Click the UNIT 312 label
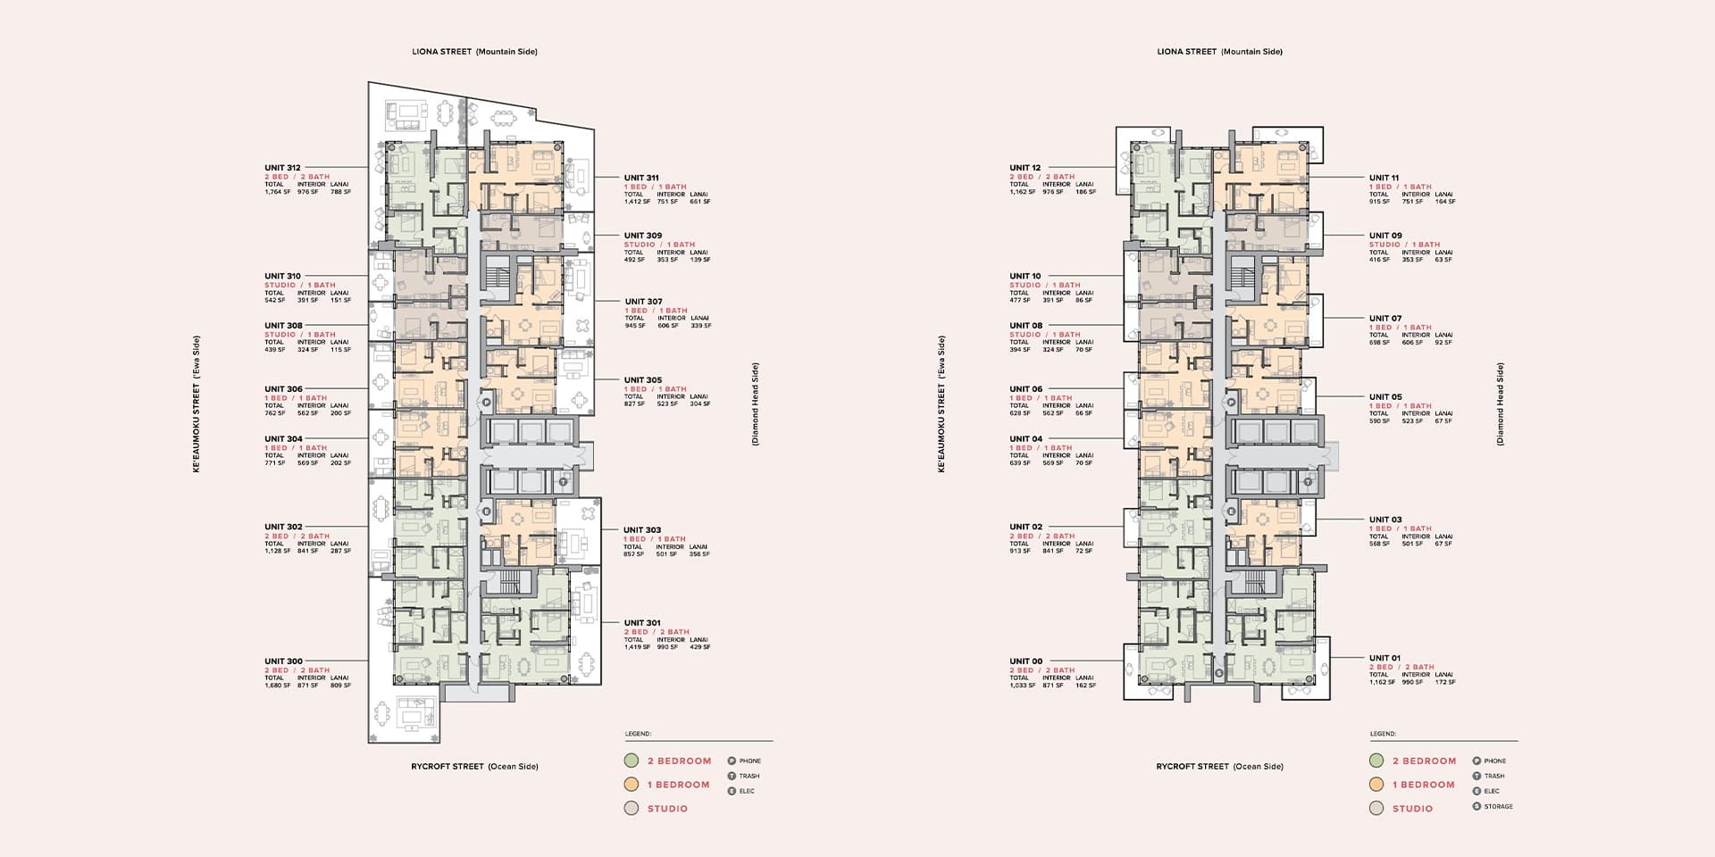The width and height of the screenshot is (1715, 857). pyautogui.click(x=282, y=168)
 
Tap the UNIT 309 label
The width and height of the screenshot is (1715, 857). pyautogui.click(x=643, y=236)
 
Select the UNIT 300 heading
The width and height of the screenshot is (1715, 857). pyautogui.click(x=283, y=661)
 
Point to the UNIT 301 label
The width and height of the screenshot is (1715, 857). pyautogui.click(x=642, y=623)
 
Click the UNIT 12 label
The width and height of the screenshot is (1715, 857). pyautogui.click(x=1025, y=168)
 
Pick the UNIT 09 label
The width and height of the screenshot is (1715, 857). pyautogui.click(x=1385, y=236)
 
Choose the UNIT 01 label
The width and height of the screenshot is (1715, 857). pyautogui.click(x=1385, y=658)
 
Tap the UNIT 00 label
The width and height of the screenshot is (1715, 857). pyautogui.click(x=1026, y=661)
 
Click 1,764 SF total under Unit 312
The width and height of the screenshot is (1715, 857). pyautogui.click(x=277, y=192)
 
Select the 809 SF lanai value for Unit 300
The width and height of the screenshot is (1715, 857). pyautogui.click(x=340, y=686)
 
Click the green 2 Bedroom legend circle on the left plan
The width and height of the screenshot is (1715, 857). pyautogui.click(x=632, y=761)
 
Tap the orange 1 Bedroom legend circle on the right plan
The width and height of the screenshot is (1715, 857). pyautogui.click(x=1376, y=785)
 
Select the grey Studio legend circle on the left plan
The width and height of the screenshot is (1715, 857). pyautogui.click(x=632, y=809)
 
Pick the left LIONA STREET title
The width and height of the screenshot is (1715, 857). pyautogui.click(x=474, y=52)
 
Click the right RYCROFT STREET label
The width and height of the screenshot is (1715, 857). pyautogui.click(x=1219, y=767)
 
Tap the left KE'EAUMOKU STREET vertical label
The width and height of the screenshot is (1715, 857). pyautogui.click(x=197, y=404)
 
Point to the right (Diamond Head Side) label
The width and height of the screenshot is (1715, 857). pyautogui.click(x=1501, y=404)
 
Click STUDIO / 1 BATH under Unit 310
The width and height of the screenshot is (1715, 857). pyautogui.click(x=300, y=285)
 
